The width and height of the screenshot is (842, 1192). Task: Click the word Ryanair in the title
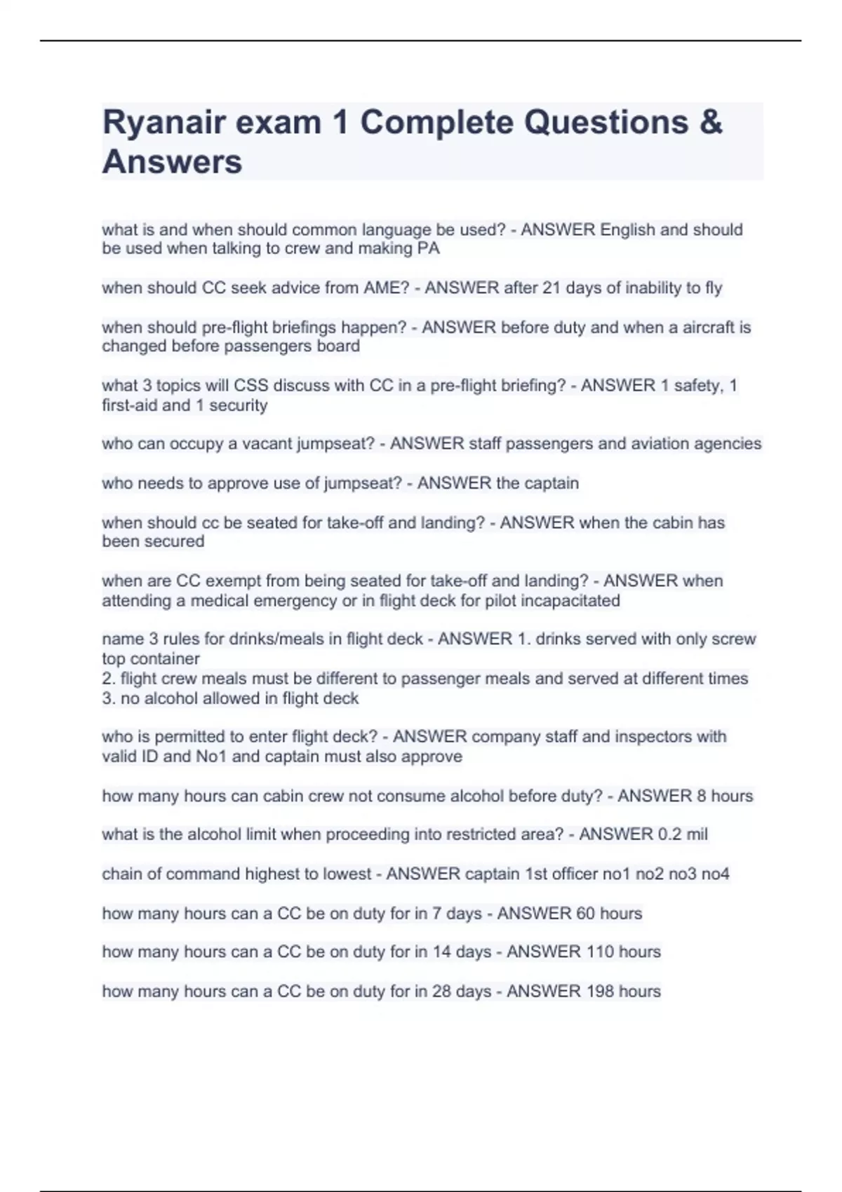(163, 123)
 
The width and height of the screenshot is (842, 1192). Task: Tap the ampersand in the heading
(710, 123)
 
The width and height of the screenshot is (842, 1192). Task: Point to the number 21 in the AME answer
(552, 288)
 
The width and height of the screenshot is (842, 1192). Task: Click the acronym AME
(386, 288)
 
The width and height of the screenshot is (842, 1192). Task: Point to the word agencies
(730, 444)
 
